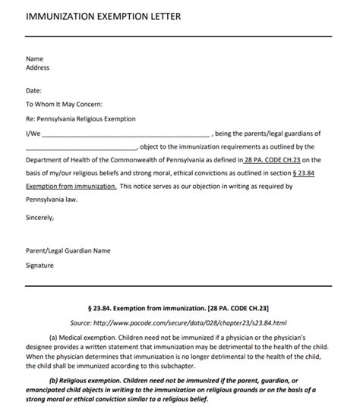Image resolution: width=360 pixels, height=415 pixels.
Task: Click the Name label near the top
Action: pos(35,58)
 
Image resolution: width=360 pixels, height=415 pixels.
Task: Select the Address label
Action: pos(38,68)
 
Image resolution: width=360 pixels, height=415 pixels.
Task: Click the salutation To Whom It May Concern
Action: pos(64,105)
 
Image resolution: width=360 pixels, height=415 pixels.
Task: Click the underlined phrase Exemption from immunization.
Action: pos(71,186)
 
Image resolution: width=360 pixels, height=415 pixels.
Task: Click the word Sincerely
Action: pos(40,218)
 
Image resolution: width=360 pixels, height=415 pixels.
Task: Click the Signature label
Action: pos(40,266)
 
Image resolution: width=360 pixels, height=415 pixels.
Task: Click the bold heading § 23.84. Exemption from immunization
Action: pos(179,308)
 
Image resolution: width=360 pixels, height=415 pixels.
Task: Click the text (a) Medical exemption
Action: pos(80,337)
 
